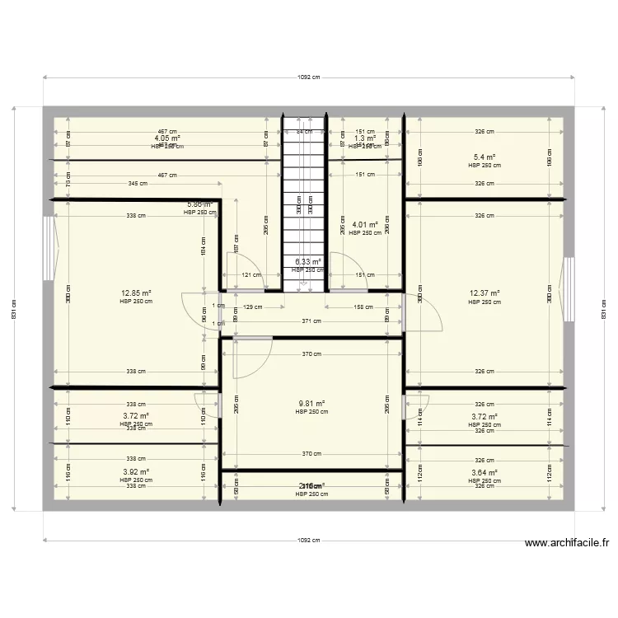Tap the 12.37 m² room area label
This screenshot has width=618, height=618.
pyautogui.click(x=485, y=293)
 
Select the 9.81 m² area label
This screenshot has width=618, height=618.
pyautogui.click(x=311, y=404)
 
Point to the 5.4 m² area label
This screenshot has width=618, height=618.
pyautogui.click(x=485, y=157)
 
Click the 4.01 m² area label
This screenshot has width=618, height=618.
pyautogui.click(x=365, y=224)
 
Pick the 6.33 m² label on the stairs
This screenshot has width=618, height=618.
pyautogui.click(x=307, y=262)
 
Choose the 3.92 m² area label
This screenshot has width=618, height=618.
pyautogui.click(x=136, y=472)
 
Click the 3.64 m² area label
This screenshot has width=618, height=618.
pyautogui.click(x=485, y=472)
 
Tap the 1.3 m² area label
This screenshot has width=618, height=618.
pyautogui.click(x=365, y=138)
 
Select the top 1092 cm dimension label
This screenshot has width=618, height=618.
pyautogui.click(x=308, y=77)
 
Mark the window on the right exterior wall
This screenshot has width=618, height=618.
pyautogui.click(x=568, y=288)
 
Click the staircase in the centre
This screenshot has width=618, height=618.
pyautogui.click(x=305, y=206)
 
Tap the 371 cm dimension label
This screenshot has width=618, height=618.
pyautogui.click(x=310, y=321)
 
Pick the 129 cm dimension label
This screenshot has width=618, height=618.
pyautogui.click(x=254, y=307)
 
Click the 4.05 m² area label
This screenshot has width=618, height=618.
pyautogui.click(x=167, y=138)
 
